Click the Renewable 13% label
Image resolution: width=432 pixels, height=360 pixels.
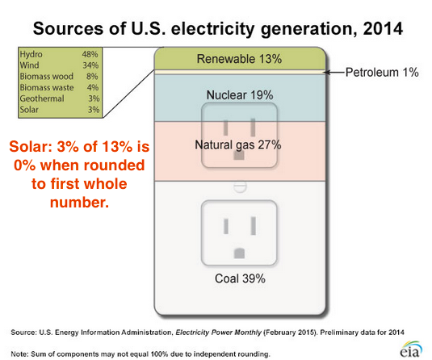pyautogui.click(x=239, y=59)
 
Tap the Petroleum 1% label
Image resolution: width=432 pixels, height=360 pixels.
pyautogui.click(x=382, y=73)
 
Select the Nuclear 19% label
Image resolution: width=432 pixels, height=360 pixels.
pyautogui.click(x=240, y=95)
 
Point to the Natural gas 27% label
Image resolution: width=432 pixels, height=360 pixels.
pyautogui.click(x=238, y=144)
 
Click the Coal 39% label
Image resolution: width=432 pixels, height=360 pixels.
pyautogui.click(x=240, y=278)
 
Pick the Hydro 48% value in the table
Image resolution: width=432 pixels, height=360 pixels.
pyautogui.click(x=90, y=54)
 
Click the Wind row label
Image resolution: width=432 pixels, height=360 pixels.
pyautogui.click(x=30, y=65)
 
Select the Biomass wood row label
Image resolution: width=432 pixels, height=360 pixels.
pyautogui.click(x=47, y=77)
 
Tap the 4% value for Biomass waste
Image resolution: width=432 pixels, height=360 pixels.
pyautogui.click(x=93, y=88)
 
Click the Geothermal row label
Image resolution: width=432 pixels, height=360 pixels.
pyautogui.click(x=42, y=98)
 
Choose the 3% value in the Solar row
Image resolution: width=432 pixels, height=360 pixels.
pyautogui.click(x=94, y=110)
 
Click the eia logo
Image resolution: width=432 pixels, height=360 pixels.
pyautogui.click(x=411, y=349)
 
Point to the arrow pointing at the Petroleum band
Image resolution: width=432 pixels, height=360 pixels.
pyautogui.click(x=334, y=73)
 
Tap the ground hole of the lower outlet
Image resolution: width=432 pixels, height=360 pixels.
pyautogui.click(x=239, y=253)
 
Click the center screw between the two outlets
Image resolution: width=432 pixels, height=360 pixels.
pyautogui.click(x=240, y=186)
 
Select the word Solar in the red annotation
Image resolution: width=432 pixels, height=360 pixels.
pyautogui.click(x=31, y=146)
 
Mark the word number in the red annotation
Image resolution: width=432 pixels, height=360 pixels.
pyautogui.click(x=80, y=203)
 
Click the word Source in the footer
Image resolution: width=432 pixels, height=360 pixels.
pyautogui.click(x=23, y=333)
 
